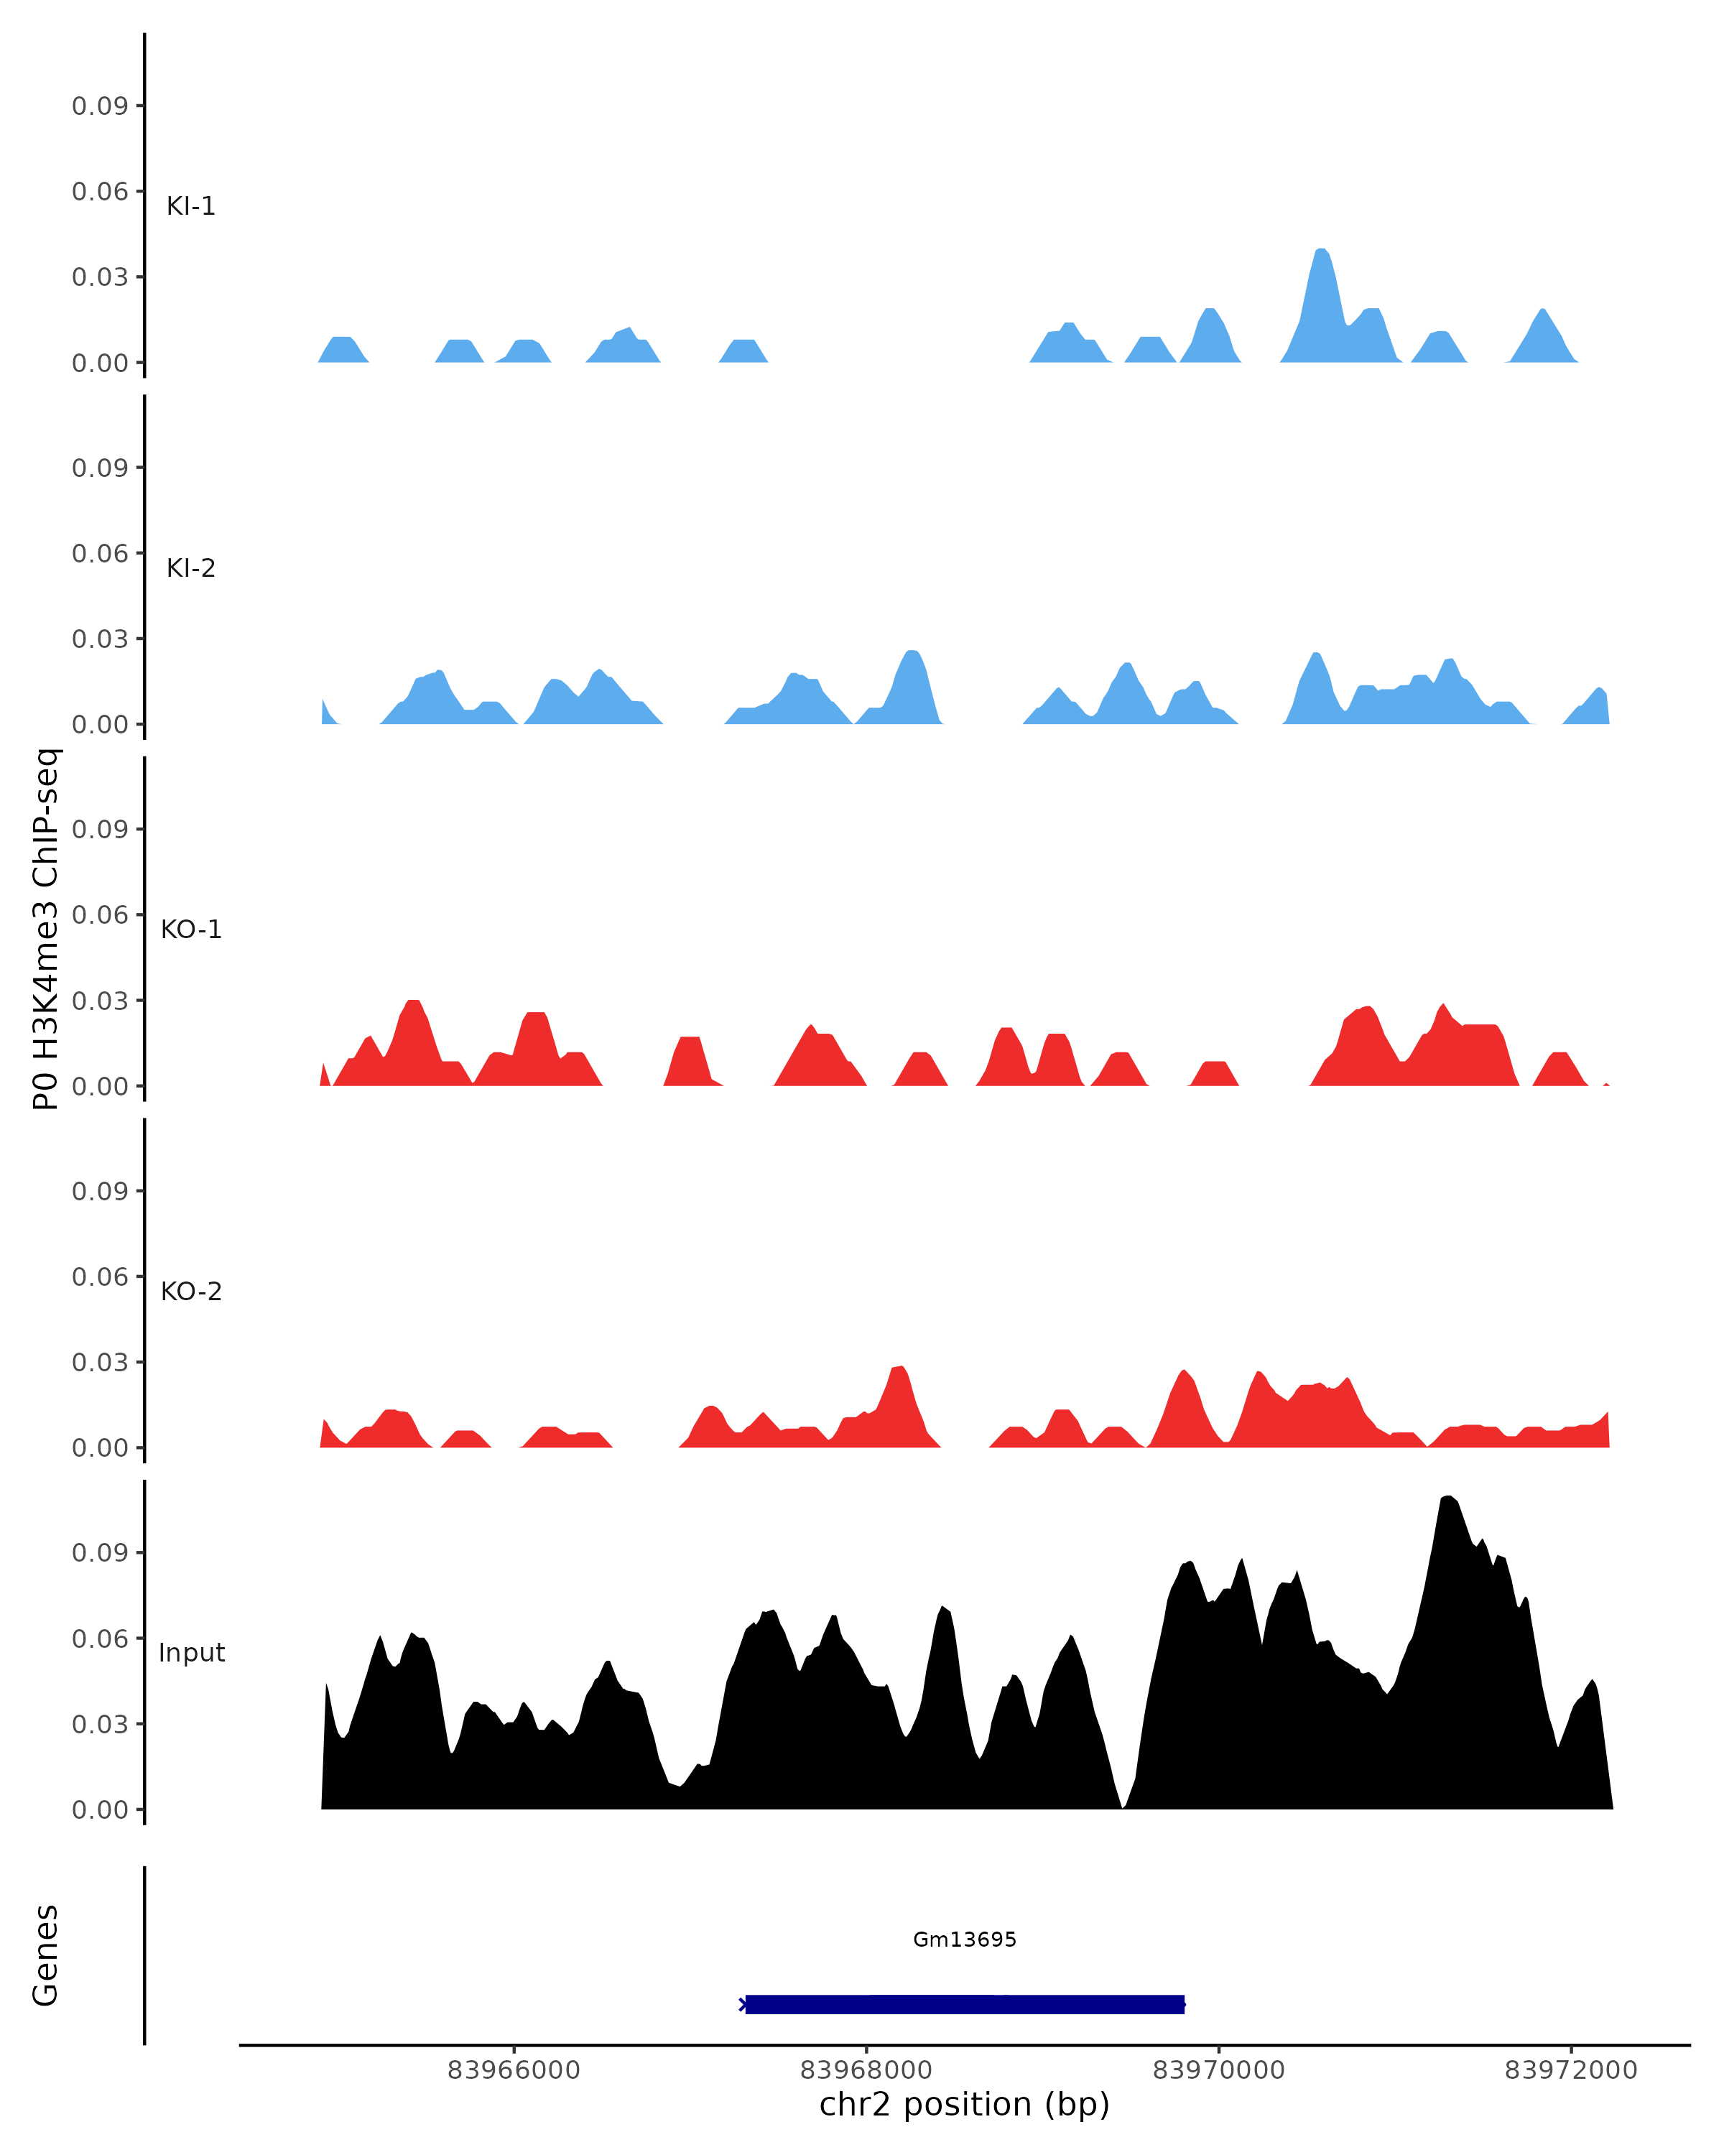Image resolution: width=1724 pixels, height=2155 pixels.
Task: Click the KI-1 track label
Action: (191, 206)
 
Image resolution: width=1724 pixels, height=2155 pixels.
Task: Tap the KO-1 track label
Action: (191, 930)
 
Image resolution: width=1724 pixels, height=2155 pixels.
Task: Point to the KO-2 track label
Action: (191, 1292)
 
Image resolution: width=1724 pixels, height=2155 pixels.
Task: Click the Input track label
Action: (191, 1653)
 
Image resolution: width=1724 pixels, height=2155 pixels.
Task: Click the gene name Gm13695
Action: (965, 1939)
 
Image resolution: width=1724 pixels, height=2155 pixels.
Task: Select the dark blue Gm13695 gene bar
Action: (965, 2004)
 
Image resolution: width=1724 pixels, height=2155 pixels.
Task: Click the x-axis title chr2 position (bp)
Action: (965, 2105)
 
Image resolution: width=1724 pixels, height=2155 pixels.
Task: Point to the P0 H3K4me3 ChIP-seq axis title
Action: (46, 930)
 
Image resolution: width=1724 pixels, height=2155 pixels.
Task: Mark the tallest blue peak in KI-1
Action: (1321, 252)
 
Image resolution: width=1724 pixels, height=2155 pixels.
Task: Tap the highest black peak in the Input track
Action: (1448, 1498)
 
